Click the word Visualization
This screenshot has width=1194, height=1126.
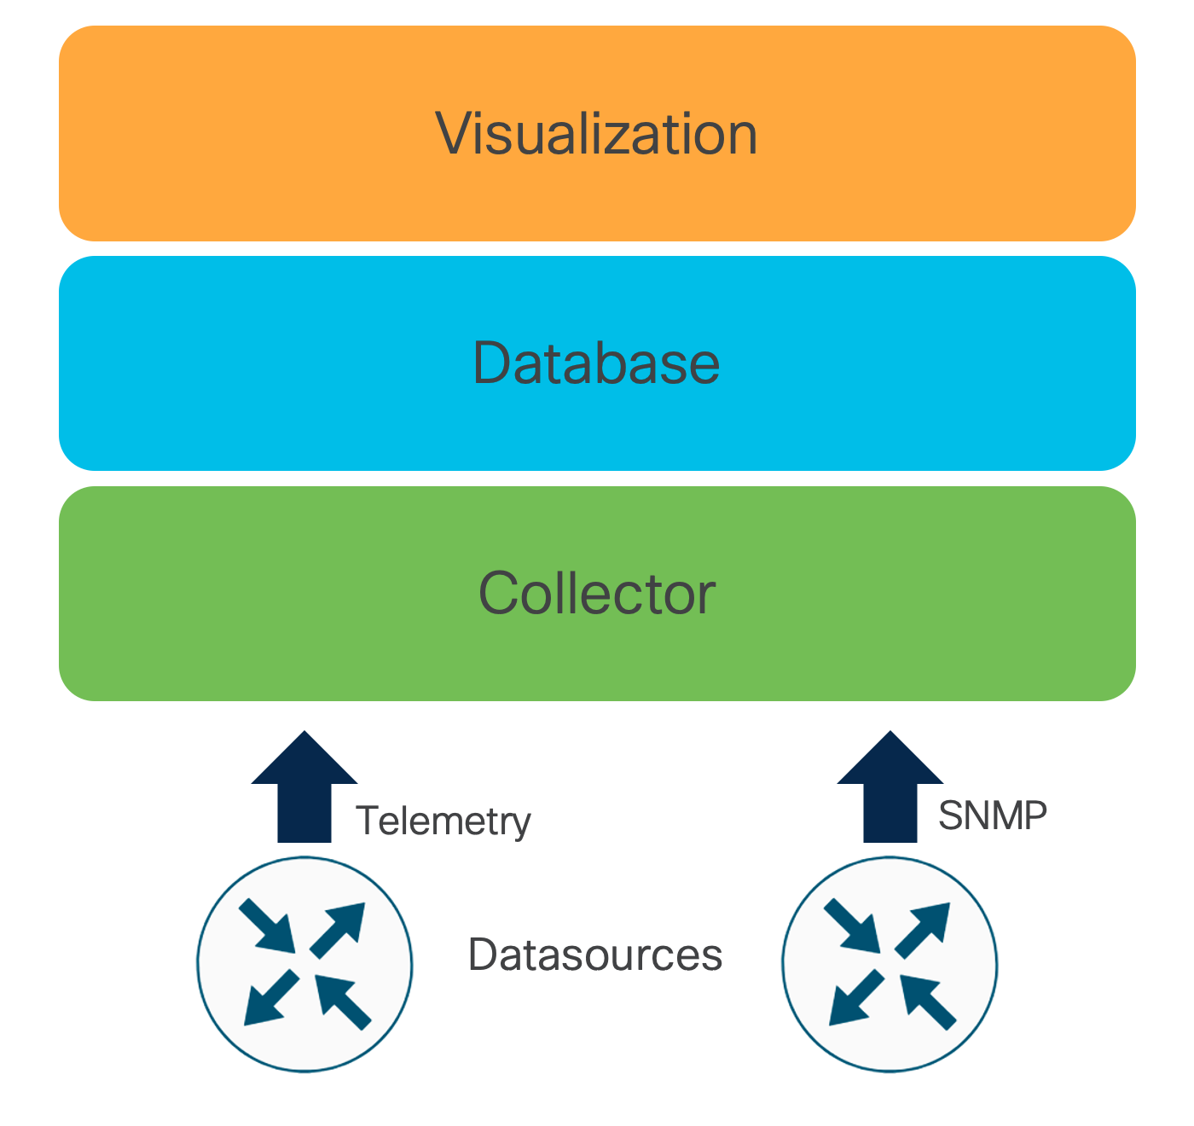(596, 134)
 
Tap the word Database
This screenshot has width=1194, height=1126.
(596, 363)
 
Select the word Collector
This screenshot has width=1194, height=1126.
(596, 594)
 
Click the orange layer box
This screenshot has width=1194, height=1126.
(256, 134)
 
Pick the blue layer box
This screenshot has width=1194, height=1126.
(256, 363)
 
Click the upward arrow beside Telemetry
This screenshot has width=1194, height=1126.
(304, 789)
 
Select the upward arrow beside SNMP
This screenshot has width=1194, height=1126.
(890, 789)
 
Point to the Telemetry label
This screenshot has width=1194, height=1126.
(443, 821)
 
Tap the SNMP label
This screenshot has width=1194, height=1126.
(992, 816)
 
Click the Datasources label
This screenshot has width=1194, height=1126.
(594, 955)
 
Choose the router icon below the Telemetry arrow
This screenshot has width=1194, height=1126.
(304, 964)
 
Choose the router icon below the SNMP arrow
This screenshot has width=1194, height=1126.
(890, 964)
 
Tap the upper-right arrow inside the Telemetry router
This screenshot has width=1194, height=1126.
(339, 929)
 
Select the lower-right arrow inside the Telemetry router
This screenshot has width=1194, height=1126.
(342, 1000)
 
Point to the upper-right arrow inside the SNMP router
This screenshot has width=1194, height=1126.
(924, 929)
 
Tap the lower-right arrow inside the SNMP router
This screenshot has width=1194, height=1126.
(927, 1000)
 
